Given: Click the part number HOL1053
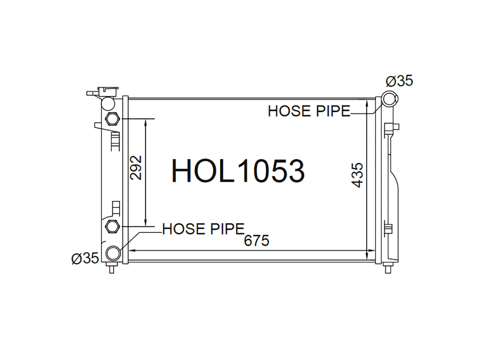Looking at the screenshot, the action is (238, 171).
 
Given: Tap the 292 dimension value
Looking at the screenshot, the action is (136, 167).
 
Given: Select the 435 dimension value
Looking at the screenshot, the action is (357, 175).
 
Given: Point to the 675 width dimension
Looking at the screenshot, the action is (256, 241).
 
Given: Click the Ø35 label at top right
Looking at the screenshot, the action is (400, 81).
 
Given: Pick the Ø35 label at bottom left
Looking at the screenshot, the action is (85, 258).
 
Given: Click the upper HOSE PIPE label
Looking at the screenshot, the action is (309, 111).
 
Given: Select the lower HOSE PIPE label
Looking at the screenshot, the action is (203, 229).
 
